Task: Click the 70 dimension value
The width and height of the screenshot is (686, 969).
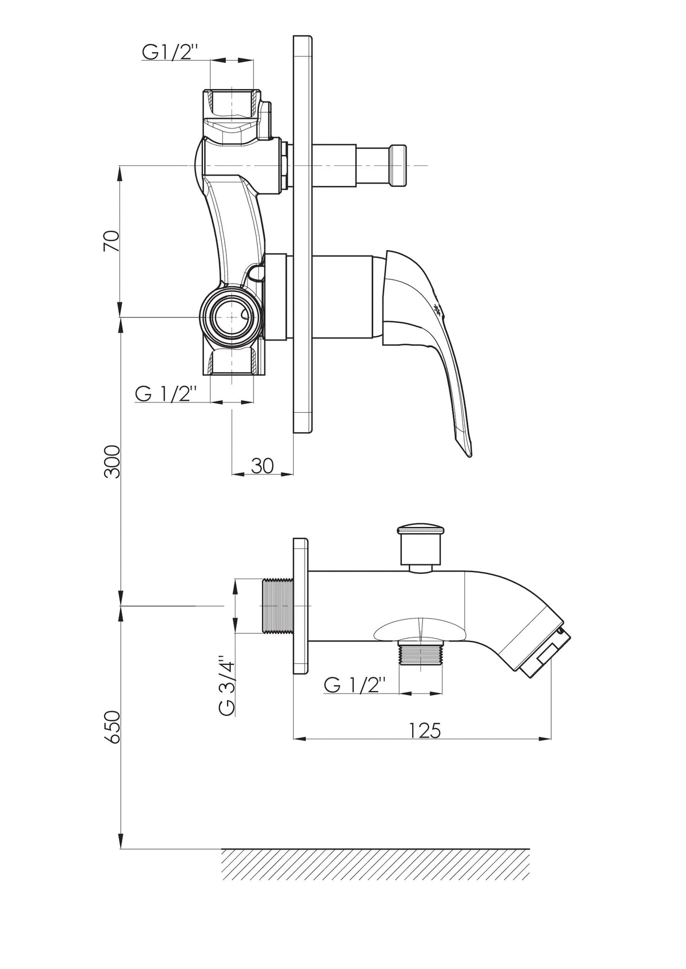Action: coord(111,241)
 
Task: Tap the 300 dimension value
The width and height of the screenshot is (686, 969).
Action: coord(111,461)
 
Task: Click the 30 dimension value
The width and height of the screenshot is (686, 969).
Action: coord(262,466)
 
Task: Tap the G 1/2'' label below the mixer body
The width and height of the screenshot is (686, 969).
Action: coord(166,394)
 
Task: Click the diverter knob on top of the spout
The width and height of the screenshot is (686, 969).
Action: coord(421,547)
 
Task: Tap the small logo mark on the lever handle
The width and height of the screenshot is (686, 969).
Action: coord(438,310)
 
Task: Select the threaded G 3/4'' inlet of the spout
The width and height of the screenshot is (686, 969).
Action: coord(277,606)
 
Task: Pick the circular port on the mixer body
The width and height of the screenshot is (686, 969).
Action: coord(230,317)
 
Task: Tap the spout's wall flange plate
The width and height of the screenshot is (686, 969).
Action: coord(301,606)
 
